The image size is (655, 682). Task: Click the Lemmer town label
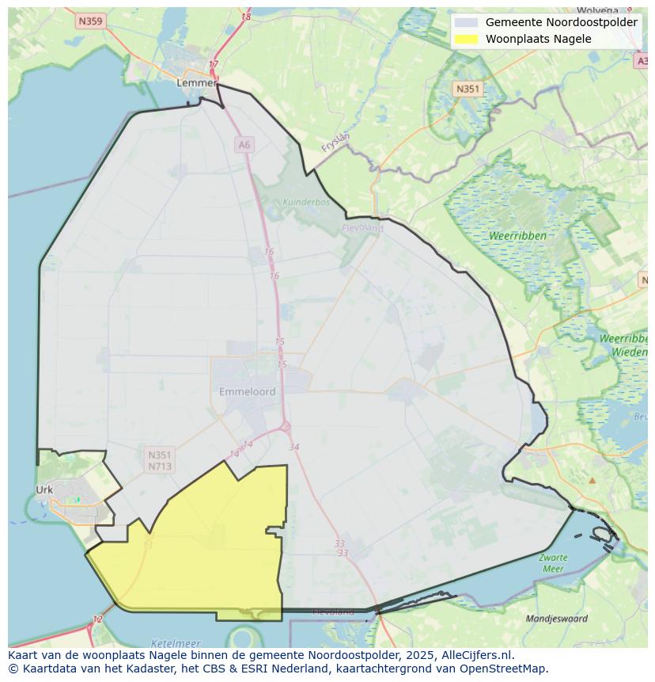pyautogui.click(x=196, y=82)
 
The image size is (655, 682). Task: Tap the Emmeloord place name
pyautogui.click(x=248, y=391)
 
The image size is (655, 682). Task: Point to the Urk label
pyautogui.click(x=44, y=490)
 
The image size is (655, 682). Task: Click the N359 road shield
pyautogui.click(x=90, y=21)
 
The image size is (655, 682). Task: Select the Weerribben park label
pyautogui.click(x=517, y=236)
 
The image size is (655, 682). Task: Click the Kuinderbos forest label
pyautogui.click(x=305, y=202)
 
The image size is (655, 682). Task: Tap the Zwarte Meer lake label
pyautogui.click(x=553, y=563)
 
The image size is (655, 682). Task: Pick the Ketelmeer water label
pyautogui.click(x=176, y=643)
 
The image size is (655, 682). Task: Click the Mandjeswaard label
pyautogui.click(x=557, y=619)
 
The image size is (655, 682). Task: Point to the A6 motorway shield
pyautogui.click(x=244, y=144)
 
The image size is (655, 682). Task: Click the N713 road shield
pyautogui.click(x=159, y=467)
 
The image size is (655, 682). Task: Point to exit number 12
pyautogui.click(x=97, y=619)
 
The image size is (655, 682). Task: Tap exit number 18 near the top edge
pyautogui.click(x=246, y=17)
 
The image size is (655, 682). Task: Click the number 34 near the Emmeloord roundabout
pyautogui.click(x=294, y=448)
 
